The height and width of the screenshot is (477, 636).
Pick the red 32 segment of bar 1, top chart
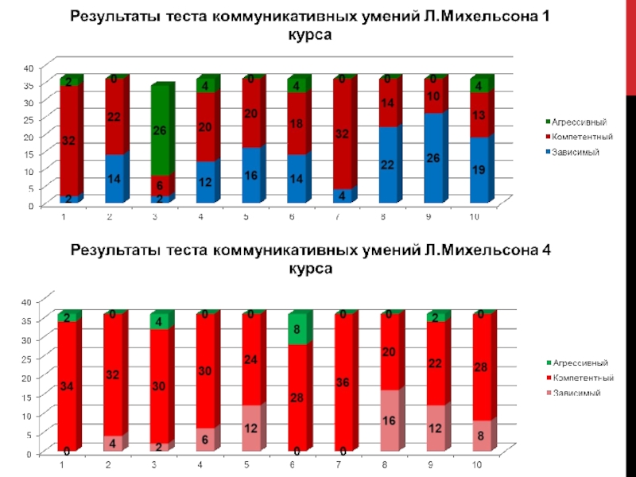tap(70, 141)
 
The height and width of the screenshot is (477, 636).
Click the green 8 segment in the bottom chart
tap(297, 328)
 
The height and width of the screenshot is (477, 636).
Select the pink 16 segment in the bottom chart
tap(389, 421)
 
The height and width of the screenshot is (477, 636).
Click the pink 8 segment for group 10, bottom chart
tap(480, 436)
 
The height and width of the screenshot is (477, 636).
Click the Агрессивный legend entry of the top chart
tap(568, 122)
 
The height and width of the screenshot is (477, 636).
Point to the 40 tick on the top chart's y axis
tap(28, 67)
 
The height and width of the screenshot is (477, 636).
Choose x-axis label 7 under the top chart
tap(338, 216)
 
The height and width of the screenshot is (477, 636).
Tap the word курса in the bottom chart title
tap(312, 269)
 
